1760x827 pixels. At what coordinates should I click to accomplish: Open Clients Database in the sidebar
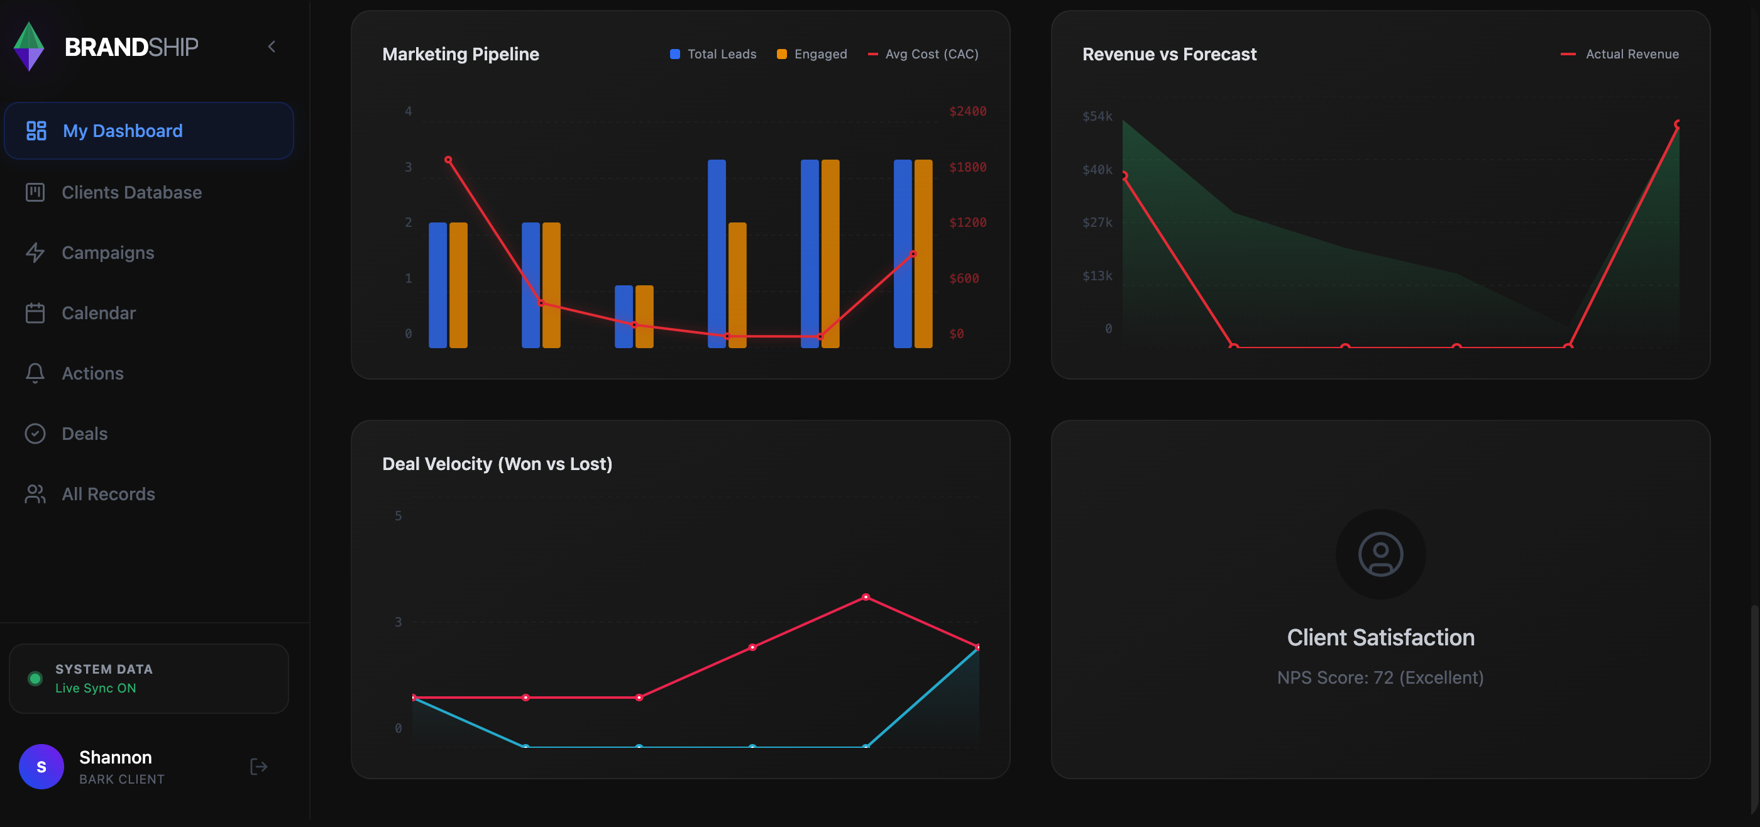point(131,192)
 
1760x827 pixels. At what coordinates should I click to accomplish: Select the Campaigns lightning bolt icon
point(35,253)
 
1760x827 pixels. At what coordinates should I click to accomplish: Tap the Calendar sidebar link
point(99,313)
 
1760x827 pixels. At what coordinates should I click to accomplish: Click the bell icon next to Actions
point(35,373)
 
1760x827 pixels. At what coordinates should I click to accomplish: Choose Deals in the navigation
point(85,434)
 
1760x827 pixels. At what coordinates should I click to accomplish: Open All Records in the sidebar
point(108,494)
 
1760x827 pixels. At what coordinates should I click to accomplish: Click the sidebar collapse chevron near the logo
point(272,47)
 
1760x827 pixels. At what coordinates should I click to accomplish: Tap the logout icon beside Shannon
point(258,766)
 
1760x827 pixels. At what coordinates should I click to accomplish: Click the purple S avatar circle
point(41,766)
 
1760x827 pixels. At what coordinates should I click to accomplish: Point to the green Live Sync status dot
point(35,678)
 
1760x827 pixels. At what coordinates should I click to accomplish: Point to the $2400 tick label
point(967,111)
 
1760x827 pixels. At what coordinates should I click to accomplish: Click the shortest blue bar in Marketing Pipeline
point(623,316)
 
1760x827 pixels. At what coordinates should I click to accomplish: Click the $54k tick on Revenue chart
point(1097,116)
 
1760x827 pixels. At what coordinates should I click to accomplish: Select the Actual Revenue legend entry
point(1620,54)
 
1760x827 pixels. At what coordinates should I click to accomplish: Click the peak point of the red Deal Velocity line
point(866,597)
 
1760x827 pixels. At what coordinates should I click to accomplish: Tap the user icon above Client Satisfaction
point(1380,554)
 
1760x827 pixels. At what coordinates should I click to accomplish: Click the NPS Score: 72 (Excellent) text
point(1380,677)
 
